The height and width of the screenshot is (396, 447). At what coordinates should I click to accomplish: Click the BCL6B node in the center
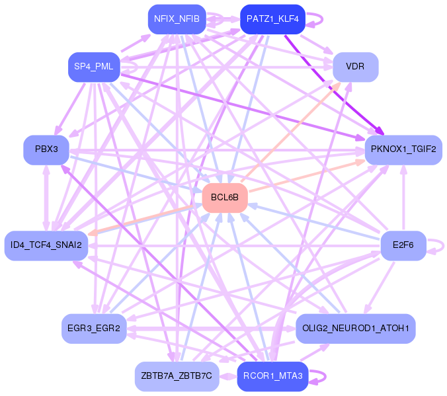(224, 198)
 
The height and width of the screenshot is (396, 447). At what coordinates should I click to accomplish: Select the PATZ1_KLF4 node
(272, 19)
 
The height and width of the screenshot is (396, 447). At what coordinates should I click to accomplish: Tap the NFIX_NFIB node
(177, 19)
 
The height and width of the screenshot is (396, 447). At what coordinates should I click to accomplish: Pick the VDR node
(355, 67)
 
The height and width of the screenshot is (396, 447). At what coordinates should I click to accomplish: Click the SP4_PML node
(93, 67)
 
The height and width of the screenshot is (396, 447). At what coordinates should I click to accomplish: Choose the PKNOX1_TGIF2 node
(403, 149)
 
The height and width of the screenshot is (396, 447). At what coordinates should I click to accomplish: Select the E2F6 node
(403, 245)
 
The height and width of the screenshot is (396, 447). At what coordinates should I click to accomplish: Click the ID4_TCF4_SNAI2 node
(46, 245)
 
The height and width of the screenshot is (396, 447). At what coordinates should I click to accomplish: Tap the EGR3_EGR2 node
(93, 328)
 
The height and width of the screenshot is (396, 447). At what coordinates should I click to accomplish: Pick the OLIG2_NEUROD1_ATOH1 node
(355, 328)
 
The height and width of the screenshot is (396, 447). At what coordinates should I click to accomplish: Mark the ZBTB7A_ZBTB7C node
(177, 376)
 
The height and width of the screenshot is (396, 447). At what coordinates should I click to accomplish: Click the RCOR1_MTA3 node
(272, 376)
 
